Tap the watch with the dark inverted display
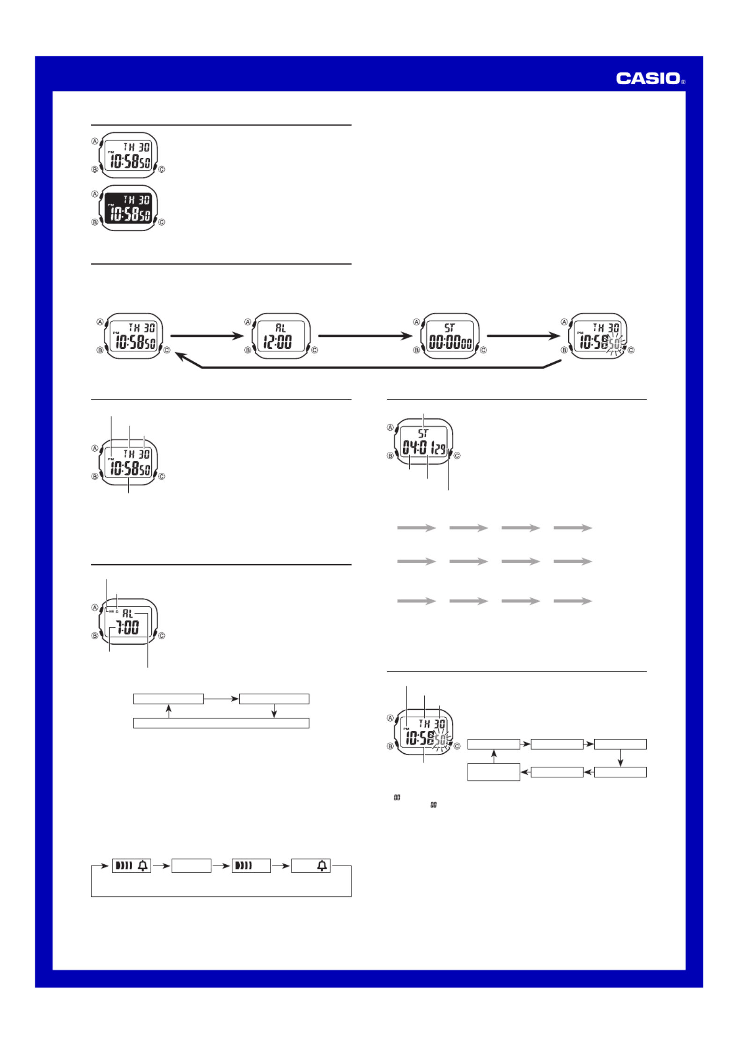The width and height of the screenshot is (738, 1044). point(128,208)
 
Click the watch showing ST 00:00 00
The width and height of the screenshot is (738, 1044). point(450,336)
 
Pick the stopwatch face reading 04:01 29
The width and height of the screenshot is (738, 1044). point(424,441)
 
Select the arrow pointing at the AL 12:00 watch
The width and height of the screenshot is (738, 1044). point(207,336)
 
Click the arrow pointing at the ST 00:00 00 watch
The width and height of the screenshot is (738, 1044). point(365,336)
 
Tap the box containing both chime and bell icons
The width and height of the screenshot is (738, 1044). point(132,866)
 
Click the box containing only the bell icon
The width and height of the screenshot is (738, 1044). point(311,866)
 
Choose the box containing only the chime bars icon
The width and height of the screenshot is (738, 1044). point(251,866)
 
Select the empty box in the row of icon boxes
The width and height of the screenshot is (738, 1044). point(191,866)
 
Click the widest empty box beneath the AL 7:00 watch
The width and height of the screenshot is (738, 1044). point(221,723)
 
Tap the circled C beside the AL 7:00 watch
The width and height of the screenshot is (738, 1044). point(162,636)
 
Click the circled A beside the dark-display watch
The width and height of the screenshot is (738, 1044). point(95,194)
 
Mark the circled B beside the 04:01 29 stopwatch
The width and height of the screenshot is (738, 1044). point(390,456)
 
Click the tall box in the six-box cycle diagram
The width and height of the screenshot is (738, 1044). point(494,772)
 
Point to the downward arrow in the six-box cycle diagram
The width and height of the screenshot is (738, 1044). point(620,758)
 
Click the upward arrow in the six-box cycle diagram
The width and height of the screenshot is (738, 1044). point(494,756)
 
